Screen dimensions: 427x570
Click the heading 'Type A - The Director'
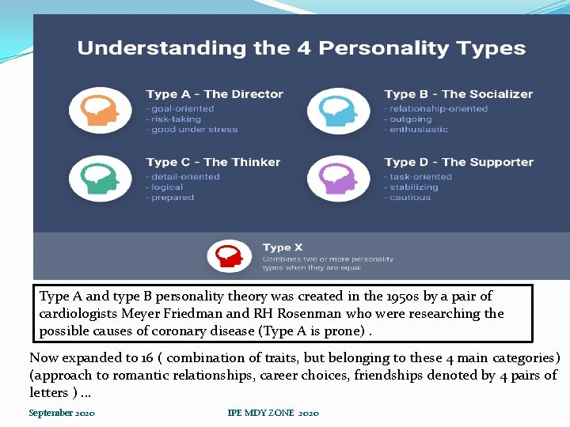[x=215, y=94]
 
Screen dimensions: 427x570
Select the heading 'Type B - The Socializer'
[x=458, y=94]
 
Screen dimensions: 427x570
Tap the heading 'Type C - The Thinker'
[x=213, y=162]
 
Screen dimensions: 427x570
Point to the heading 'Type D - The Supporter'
[x=459, y=162]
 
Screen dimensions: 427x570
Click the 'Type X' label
[x=283, y=248]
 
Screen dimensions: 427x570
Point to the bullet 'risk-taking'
[x=167, y=119]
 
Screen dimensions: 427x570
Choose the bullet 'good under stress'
[x=193, y=130]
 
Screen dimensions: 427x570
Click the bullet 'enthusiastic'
[x=419, y=130]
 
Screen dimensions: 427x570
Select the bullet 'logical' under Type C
[x=167, y=187]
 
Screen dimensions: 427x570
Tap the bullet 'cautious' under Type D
[x=410, y=198]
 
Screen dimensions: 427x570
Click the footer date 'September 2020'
[x=62, y=413]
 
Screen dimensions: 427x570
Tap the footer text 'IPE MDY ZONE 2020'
[x=273, y=413]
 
